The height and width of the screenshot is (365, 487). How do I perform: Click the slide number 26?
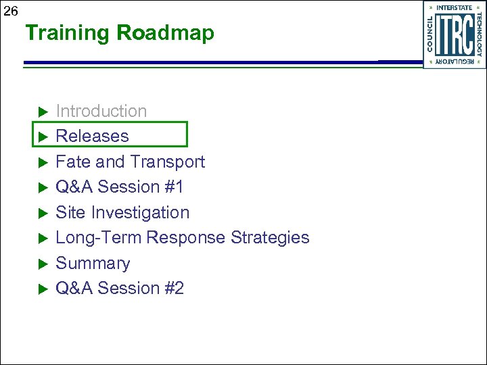11,10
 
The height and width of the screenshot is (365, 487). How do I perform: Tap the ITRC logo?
455,35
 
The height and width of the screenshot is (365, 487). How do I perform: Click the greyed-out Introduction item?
101,111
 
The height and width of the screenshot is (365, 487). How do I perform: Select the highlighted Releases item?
92,136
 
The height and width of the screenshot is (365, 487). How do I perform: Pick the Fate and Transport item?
130,162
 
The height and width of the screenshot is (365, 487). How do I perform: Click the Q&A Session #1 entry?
119,187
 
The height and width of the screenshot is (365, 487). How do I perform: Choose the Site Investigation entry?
122,212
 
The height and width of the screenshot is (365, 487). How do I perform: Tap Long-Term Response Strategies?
182,238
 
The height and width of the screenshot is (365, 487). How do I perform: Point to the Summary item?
93,263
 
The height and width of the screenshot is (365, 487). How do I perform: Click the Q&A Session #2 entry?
120,289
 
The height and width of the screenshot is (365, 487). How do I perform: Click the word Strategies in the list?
270,238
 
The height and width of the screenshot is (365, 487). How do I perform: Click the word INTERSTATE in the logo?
455,7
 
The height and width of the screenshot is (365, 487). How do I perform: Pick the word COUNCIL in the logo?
431,35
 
